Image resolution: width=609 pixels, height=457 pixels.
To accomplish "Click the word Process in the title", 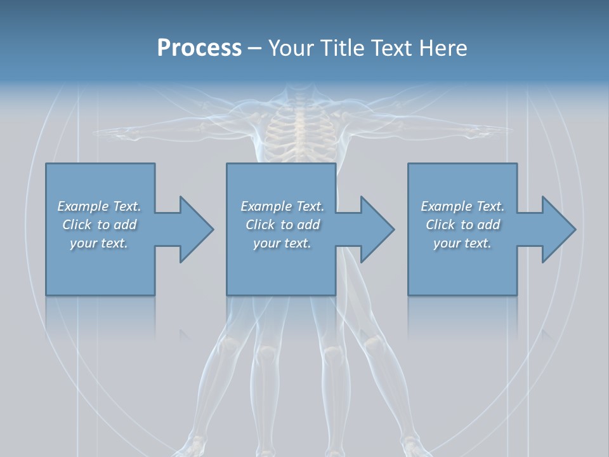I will point(199,48).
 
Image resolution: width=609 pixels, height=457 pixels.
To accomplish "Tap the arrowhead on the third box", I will point(558,229).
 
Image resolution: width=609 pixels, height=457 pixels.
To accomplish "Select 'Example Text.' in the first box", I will point(99,206).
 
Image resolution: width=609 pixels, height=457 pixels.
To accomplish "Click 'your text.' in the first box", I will point(99,243).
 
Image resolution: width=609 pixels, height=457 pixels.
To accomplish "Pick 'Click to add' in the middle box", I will point(282,225).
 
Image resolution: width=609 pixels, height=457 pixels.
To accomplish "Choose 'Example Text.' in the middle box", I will point(282,206).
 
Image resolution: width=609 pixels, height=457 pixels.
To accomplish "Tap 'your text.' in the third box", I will point(462,243).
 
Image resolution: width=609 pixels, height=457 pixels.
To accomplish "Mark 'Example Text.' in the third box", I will point(462,206).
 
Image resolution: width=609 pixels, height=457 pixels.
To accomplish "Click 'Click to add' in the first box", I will point(99,225).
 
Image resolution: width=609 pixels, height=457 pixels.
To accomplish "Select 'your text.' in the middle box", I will point(282,243).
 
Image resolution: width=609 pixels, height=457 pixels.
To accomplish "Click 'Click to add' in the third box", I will point(462,225).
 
